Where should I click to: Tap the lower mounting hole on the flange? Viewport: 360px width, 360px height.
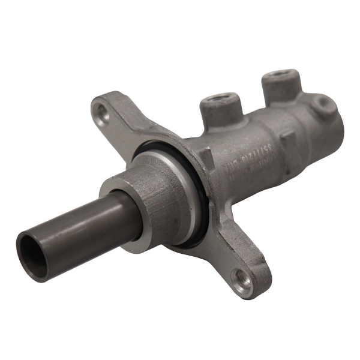(x=242, y=277)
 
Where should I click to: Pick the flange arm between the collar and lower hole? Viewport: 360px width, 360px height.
(x=225, y=246)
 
